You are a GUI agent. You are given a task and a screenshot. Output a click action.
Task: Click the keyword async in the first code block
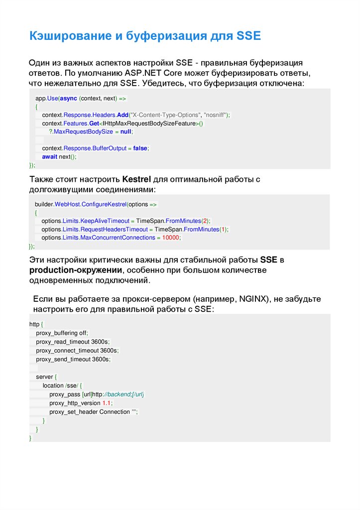point(69,99)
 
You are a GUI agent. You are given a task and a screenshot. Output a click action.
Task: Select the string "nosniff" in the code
point(215,115)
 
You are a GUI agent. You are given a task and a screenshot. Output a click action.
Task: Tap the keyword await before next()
point(50,156)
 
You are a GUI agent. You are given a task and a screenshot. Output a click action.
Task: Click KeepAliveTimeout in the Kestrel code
point(104,221)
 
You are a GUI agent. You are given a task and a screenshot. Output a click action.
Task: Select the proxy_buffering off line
point(62,333)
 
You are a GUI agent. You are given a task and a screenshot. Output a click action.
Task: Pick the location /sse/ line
point(65,385)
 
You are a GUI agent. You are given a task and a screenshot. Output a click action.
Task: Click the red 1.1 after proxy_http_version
point(107,403)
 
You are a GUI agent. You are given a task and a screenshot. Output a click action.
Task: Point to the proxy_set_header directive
point(74,412)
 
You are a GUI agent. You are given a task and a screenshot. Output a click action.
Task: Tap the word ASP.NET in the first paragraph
point(142,73)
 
